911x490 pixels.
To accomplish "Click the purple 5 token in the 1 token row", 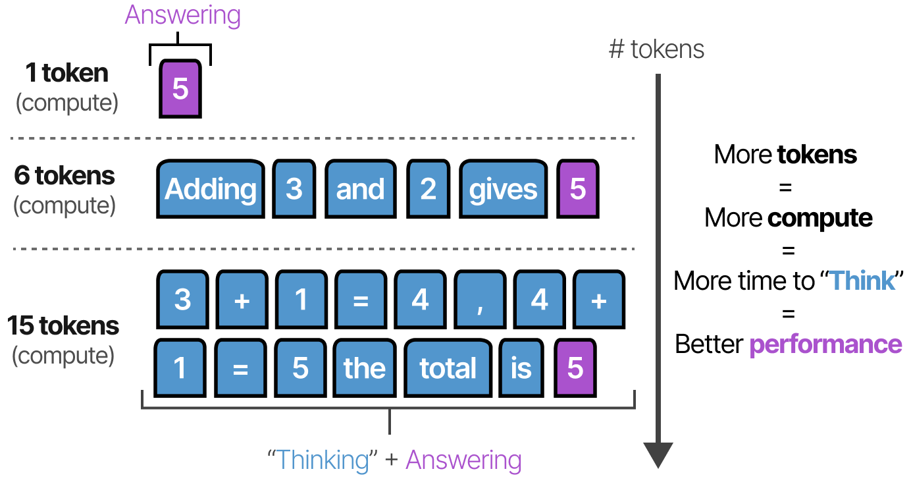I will point(180,89).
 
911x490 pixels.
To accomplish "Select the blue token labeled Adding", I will point(210,189).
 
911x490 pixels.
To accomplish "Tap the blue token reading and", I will point(359,189).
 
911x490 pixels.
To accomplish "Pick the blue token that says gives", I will point(503,189).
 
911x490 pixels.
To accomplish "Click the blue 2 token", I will point(428,189).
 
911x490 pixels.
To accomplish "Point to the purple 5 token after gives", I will point(578,189).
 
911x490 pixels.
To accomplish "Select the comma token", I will point(480,300).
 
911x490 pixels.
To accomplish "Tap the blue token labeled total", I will point(448,368).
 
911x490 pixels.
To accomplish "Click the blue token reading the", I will point(364,368).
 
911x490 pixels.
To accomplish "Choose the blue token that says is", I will point(521,368).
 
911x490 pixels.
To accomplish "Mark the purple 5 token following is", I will point(575,368).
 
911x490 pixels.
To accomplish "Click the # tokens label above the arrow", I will point(656,49).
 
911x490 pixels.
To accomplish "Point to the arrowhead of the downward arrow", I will point(658,454).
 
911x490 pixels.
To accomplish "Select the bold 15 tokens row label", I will point(63,326).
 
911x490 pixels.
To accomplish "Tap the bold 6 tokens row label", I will point(65,176).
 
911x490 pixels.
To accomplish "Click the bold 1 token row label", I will point(66,73).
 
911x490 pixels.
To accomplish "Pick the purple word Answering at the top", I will point(182,15).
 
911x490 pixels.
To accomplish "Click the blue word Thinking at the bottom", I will point(323,460).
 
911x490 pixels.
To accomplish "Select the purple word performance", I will point(825,344).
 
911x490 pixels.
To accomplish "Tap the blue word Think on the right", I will point(862,281).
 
